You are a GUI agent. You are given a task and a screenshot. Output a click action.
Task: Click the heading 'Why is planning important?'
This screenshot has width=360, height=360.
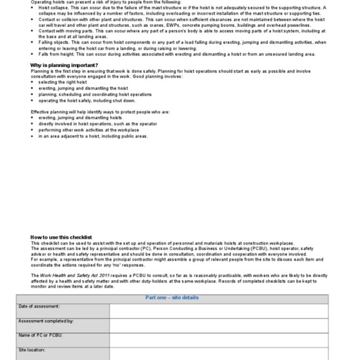tap(64, 65)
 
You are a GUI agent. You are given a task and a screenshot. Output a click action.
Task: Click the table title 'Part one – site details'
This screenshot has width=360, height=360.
tap(172, 298)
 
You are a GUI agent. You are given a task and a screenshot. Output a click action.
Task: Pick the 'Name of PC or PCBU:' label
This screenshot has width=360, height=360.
tap(40, 335)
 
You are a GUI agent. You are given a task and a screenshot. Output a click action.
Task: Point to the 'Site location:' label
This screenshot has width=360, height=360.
tap(32, 350)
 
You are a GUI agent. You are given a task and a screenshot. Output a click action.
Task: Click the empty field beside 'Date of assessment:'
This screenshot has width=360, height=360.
tap(218, 310)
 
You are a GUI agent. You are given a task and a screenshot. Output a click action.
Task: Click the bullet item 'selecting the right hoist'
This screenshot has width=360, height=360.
tap(62, 82)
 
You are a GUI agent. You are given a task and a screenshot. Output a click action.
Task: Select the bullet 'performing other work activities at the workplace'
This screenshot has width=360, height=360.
tap(88, 130)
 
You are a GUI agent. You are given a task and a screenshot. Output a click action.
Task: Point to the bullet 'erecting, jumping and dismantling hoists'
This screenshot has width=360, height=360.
tap(80, 118)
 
